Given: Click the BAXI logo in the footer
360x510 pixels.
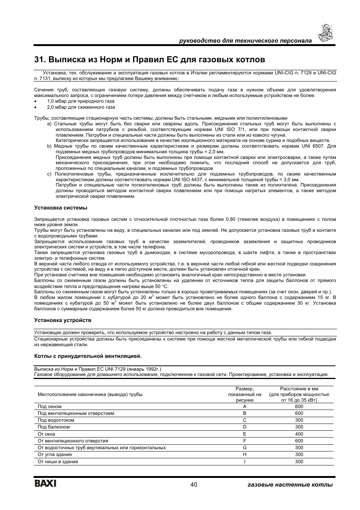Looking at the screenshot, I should pos(45,484).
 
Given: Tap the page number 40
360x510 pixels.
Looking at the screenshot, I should pos(194,484).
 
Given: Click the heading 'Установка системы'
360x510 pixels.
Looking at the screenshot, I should pos(60,208).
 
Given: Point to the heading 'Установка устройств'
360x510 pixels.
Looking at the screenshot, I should pos(63,320).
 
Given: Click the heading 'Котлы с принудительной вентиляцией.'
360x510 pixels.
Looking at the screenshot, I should pos(88,356).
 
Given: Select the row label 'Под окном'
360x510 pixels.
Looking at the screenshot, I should pos(49,407).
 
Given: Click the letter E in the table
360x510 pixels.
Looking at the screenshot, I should pos(245,434).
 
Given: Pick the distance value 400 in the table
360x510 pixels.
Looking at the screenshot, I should pos(299,434).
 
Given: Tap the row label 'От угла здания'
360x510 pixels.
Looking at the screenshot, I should pos(55,455).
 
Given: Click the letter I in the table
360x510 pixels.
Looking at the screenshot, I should pos(245,461).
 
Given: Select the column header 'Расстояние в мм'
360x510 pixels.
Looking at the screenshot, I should pos(299,389).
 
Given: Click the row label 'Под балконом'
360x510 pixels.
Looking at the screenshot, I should pos(54,427).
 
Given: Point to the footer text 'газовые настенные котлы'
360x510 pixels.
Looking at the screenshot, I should pos(288,485).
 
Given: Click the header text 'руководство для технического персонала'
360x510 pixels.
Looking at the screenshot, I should pos(245,40).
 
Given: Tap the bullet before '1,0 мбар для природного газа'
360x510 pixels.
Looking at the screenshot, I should pos(35,102).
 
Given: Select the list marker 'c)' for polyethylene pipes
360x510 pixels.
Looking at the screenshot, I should pos(49,174).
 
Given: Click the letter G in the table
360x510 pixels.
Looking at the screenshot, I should pos(245,448).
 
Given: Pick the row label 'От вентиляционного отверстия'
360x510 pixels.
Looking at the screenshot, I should pos(73,441).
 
